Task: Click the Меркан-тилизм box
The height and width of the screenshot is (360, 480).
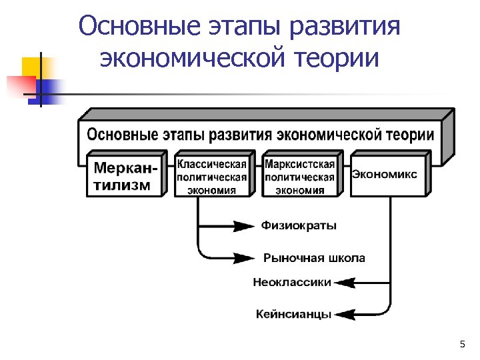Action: pos(125,175)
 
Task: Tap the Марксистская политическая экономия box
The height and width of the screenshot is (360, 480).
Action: pos(299,176)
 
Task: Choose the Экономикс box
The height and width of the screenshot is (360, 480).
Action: pos(385,175)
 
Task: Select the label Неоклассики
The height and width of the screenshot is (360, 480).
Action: pos(291,282)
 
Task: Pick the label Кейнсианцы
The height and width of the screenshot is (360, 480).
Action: pos(293,314)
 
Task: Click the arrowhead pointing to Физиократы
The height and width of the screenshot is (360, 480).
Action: pos(243,226)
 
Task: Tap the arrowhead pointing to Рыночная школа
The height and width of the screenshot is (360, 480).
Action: pos(244,258)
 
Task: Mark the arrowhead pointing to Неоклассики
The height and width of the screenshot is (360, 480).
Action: pos(344,283)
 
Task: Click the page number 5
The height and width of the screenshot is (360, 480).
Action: pos(462,344)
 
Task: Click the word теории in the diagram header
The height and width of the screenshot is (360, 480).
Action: pos(409,134)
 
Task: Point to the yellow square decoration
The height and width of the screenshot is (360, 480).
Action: pos(32,67)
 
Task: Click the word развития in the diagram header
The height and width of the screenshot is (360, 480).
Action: pos(241,134)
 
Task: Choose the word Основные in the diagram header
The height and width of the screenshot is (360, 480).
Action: pos(120,134)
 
